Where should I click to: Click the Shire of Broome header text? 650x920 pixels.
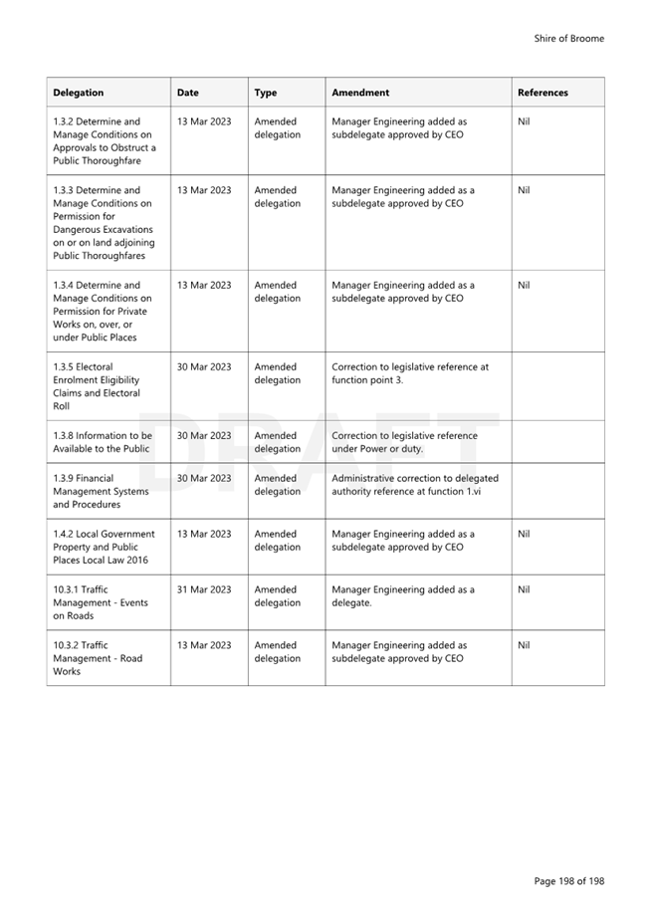tap(568, 39)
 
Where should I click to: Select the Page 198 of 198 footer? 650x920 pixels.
tap(568, 881)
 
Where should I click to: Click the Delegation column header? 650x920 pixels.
tap(79, 93)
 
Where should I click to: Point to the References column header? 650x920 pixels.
tap(542, 93)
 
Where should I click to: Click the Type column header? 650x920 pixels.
tap(266, 93)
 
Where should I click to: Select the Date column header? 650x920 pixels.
tap(188, 93)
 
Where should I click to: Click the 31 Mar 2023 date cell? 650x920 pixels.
tap(204, 589)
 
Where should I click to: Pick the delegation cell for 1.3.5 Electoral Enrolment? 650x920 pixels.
tap(97, 386)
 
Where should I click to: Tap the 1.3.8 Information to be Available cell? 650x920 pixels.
tap(103, 442)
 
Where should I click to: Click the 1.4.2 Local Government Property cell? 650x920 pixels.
tap(104, 547)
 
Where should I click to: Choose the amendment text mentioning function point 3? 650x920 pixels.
tap(410, 373)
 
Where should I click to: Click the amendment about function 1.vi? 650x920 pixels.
tap(415, 485)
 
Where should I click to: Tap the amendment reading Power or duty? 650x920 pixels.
tap(404, 442)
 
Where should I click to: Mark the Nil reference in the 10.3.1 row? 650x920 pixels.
tap(525, 589)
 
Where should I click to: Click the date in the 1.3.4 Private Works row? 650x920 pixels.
tap(204, 285)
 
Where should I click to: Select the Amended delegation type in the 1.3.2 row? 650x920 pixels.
tap(277, 128)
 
